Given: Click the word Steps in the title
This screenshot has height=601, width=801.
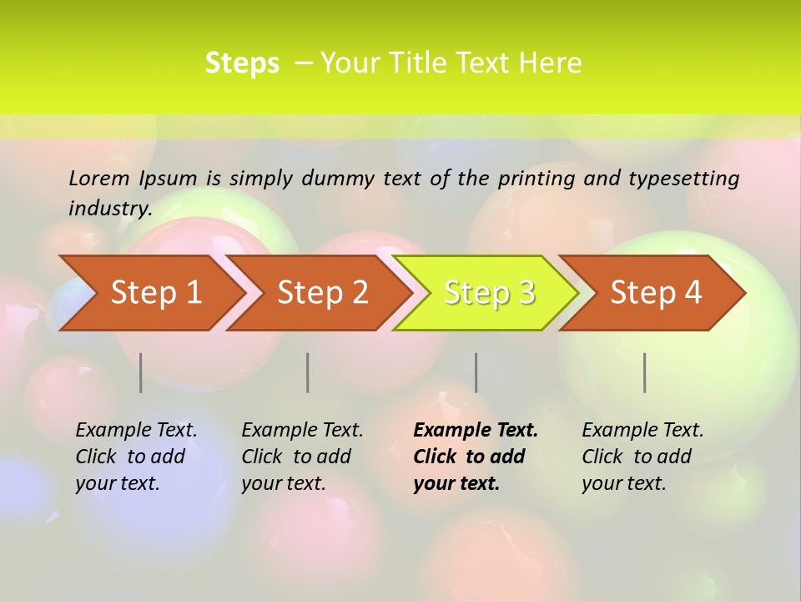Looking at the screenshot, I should pyautogui.click(x=242, y=63).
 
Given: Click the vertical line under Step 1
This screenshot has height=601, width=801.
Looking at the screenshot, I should pyautogui.click(x=141, y=372).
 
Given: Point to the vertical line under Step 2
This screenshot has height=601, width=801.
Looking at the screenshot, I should pyautogui.click(x=308, y=372).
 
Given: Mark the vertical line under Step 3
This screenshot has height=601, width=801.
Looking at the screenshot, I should pyautogui.click(x=476, y=372).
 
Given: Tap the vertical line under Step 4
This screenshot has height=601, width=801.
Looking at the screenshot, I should pyautogui.click(x=645, y=372).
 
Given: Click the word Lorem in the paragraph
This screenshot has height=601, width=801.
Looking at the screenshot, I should pyautogui.click(x=98, y=178).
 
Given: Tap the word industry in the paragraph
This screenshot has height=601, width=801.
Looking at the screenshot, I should pyautogui.click(x=109, y=209).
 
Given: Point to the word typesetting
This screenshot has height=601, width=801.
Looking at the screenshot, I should pyautogui.click(x=683, y=179).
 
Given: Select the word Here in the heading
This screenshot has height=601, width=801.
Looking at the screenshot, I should pyautogui.click(x=550, y=63).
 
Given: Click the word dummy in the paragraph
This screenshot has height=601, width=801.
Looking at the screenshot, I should pyautogui.click(x=338, y=179).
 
